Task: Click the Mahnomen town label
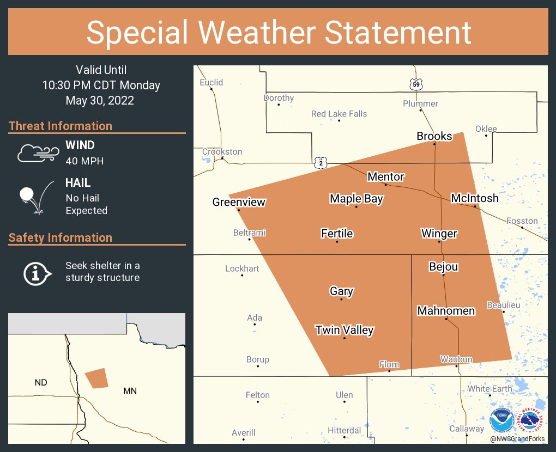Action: [446, 311]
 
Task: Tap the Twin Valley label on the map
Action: [345, 330]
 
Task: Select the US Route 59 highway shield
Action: [416, 84]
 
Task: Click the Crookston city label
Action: [222, 152]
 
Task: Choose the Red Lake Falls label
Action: [339, 114]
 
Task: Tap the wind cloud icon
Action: [37, 153]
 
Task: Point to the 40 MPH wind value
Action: [84, 161]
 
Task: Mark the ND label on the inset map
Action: [41, 382]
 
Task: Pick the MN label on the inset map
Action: [130, 390]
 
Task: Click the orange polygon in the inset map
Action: [97, 378]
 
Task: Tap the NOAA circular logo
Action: [501, 420]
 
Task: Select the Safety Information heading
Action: [61, 237]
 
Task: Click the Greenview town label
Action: [239, 203]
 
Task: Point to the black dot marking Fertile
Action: [337, 241]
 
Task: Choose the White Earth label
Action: [490, 389]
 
